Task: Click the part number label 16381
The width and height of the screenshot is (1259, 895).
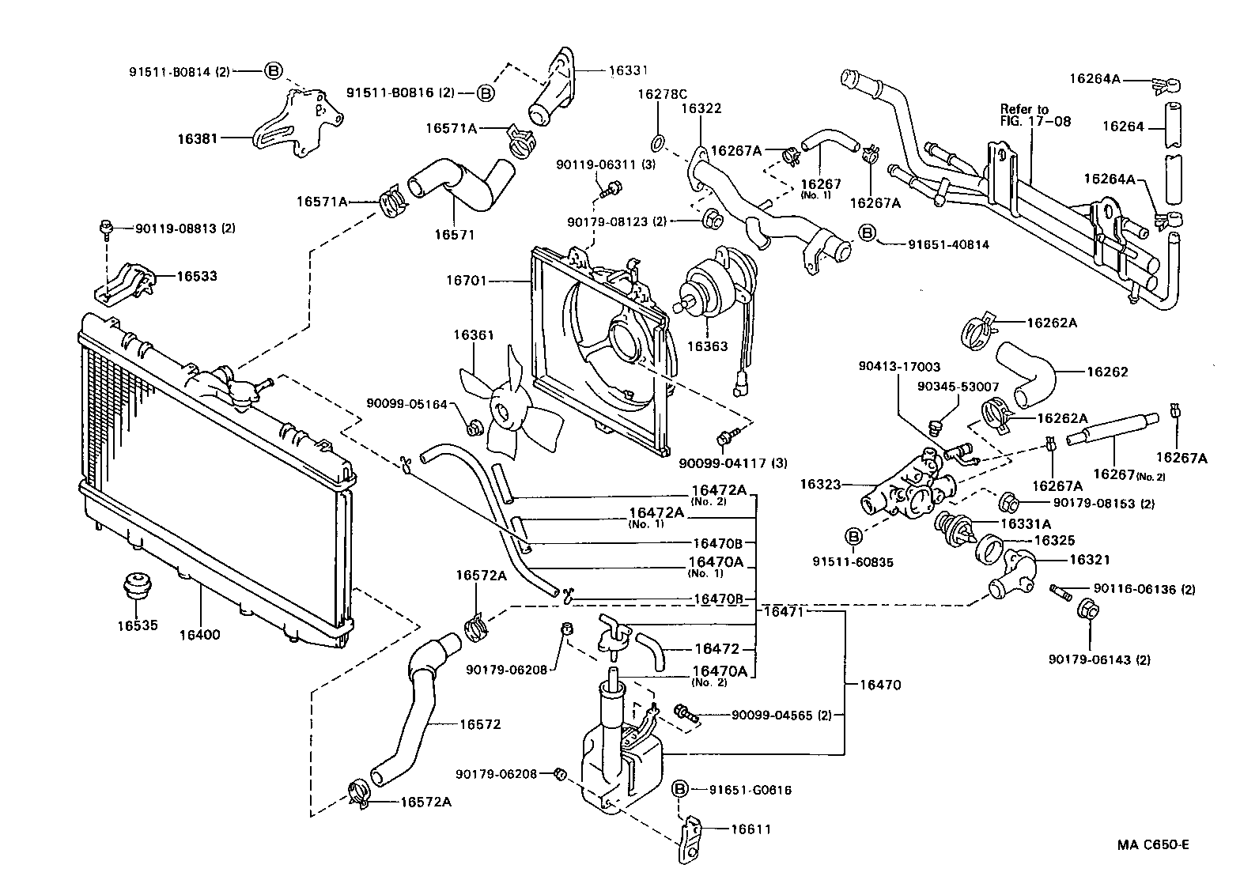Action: click(195, 138)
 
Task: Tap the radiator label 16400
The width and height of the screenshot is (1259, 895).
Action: click(199, 634)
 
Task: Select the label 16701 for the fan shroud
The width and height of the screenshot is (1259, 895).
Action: click(467, 280)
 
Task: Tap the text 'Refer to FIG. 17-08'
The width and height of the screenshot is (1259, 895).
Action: click(1034, 115)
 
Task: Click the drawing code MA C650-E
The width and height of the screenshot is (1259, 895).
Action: click(1152, 844)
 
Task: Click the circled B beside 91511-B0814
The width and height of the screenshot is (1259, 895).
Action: click(272, 70)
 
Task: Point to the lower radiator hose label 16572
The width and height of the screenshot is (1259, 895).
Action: click(480, 724)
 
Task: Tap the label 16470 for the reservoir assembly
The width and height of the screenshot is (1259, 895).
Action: click(879, 685)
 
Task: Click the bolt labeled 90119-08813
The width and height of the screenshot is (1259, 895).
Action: click(105, 228)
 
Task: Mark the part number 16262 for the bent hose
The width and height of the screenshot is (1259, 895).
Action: click(1107, 372)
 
